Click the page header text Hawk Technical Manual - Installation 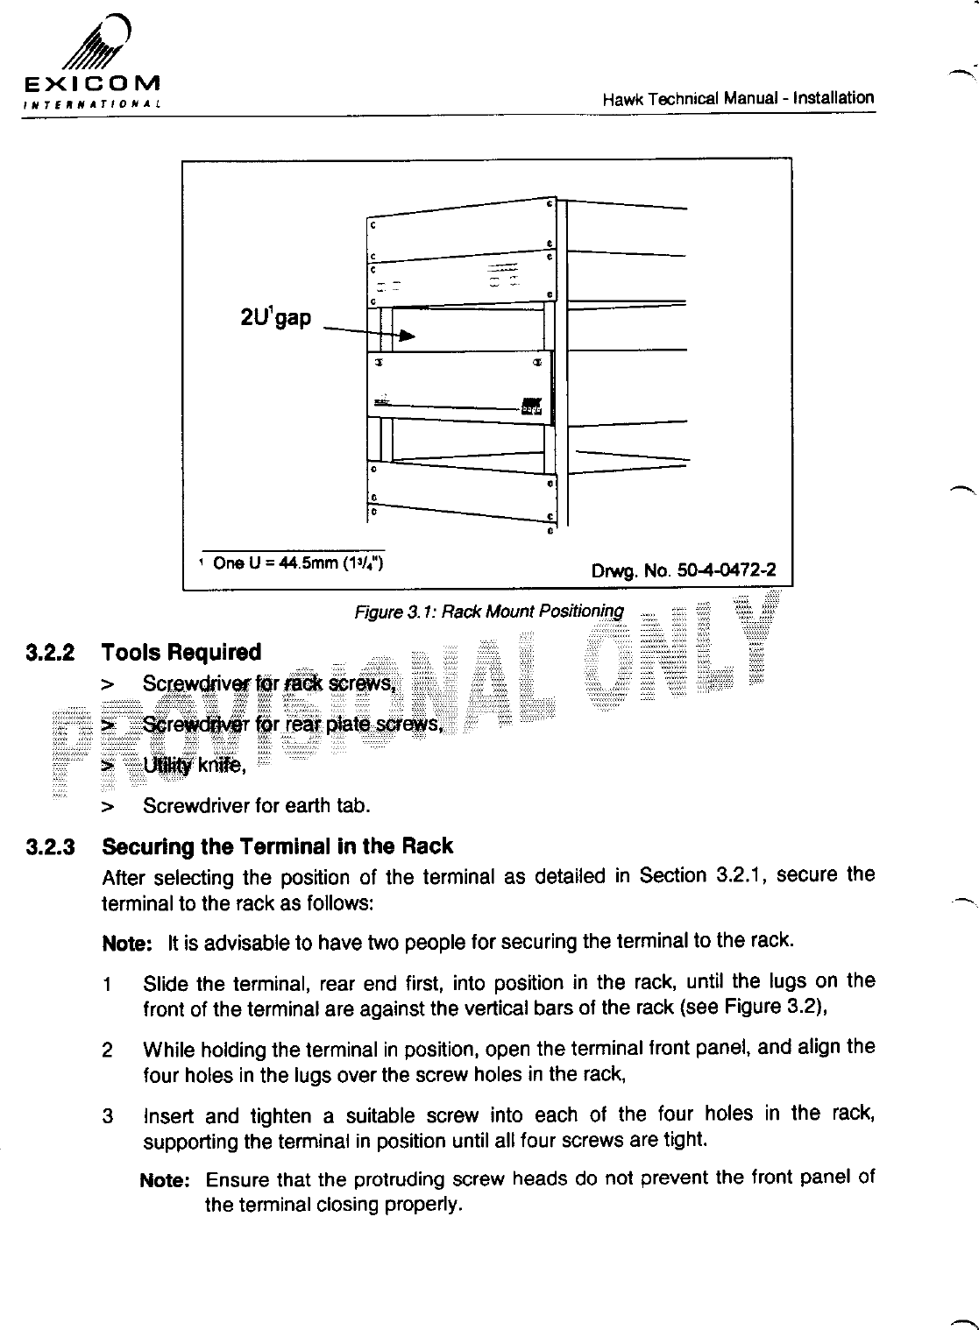(x=738, y=98)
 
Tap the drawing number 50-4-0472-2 (x=684, y=571)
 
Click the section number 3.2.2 (x=51, y=653)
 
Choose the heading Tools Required (x=181, y=653)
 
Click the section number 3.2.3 (x=51, y=847)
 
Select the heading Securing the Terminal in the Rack (x=277, y=846)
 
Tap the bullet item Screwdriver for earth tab (x=256, y=805)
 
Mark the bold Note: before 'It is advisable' (x=128, y=944)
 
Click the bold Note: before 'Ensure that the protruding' (x=166, y=1180)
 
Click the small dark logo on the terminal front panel (x=531, y=407)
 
